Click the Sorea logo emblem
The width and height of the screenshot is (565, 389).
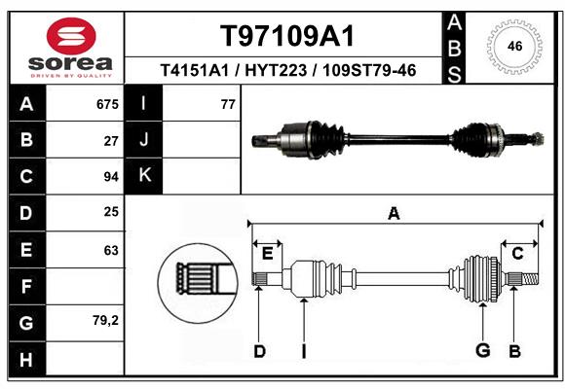click(71, 36)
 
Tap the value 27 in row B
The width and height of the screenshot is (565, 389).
click(111, 140)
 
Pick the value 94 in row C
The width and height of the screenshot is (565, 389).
click(110, 177)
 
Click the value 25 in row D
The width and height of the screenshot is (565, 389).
click(110, 212)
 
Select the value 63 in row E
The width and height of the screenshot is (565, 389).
click(110, 250)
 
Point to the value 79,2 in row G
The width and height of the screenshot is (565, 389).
click(105, 320)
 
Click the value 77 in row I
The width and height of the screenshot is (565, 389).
click(228, 104)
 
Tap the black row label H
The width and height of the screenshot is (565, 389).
click(26, 359)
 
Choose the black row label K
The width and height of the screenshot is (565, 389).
click(144, 176)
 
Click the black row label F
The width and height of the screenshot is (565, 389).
click(26, 286)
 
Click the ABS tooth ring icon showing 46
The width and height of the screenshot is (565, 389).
click(513, 46)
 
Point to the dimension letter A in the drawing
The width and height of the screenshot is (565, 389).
click(394, 214)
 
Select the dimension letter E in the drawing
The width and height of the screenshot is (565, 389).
click(267, 254)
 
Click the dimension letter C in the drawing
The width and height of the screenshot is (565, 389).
click(518, 254)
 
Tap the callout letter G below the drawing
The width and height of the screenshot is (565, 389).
click(481, 351)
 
